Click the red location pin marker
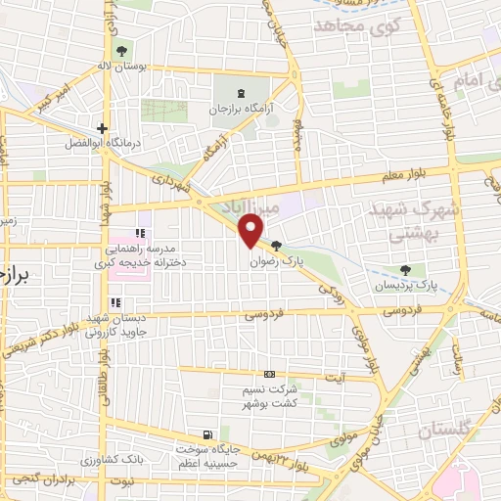[251, 231]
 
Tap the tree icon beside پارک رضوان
[277, 247]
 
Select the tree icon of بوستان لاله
[121, 51]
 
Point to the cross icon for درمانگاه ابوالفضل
[102, 128]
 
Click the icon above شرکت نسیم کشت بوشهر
[270, 375]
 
